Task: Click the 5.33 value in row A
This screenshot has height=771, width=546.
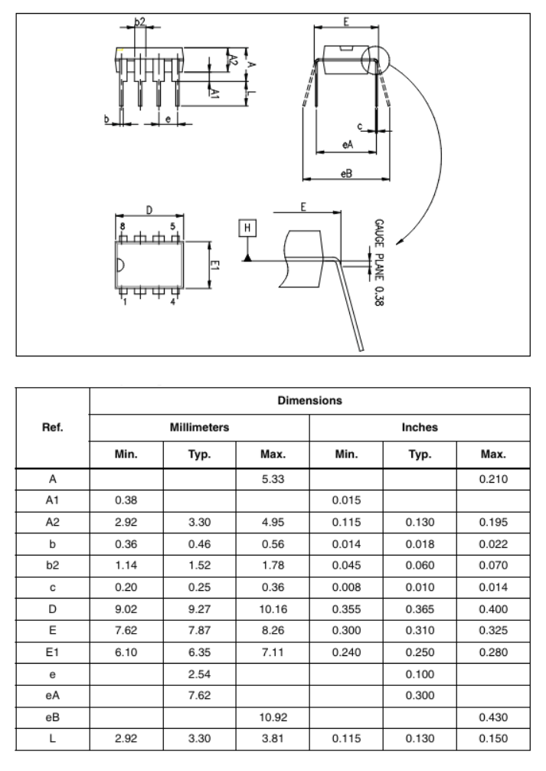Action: click(x=273, y=479)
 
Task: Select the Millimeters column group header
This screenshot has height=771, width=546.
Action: click(x=200, y=428)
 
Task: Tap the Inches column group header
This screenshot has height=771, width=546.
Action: click(x=420, y=428)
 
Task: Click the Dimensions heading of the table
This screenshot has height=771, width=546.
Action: click(x=309, y=400)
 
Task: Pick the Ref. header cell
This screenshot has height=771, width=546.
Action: click(x=53, y=428)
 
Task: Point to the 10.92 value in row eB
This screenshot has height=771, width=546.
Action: click(x=273, y=717)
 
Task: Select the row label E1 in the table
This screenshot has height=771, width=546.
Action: click(x=53, y=652)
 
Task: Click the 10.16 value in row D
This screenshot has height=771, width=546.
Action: click(x=273, y=609)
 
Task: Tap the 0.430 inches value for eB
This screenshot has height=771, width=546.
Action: click(x=493, y=717)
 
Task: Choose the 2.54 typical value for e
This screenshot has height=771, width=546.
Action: click(x=200, y=674)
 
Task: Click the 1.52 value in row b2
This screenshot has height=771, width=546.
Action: click(x=200, y=565)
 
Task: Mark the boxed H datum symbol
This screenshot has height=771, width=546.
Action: click(x=247, y=228)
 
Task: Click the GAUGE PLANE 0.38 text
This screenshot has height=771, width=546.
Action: click(x=379, y=263)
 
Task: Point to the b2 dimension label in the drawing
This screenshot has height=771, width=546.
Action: click(x=140, y=21)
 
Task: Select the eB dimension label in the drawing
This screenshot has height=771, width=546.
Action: click(x=346, y=173)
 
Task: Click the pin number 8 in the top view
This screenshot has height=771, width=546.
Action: click(x=123, y=227)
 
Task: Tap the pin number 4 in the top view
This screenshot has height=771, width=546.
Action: click(x=172, y=302)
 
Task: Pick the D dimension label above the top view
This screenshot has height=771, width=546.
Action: click(x=149, y=210)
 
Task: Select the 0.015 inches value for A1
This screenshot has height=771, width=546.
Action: click(x=346, y=500)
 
